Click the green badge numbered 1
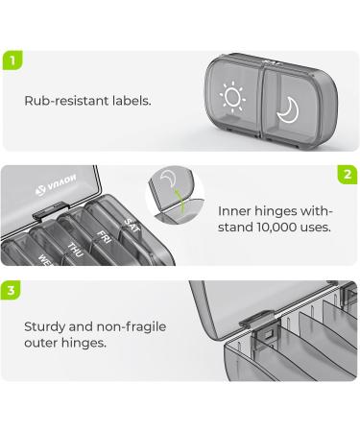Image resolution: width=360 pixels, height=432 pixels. coord(12,60)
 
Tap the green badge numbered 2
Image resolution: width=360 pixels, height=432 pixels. coord(348,175)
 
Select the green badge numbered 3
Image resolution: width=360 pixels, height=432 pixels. coord(11,290)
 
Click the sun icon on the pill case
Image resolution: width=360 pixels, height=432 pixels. coord(232,96)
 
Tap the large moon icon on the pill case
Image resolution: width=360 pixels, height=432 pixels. coord(288,110)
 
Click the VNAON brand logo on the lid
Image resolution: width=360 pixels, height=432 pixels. coord(56,185)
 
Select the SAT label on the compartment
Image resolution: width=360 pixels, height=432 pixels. coord(132,226)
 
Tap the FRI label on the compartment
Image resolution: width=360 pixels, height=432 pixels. coord(104,237)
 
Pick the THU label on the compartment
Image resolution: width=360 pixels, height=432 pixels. coord(75,251)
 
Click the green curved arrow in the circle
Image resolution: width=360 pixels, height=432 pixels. coord(180,202)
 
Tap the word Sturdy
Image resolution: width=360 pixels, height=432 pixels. coord(44,327)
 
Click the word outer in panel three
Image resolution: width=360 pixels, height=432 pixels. coord(41,343)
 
